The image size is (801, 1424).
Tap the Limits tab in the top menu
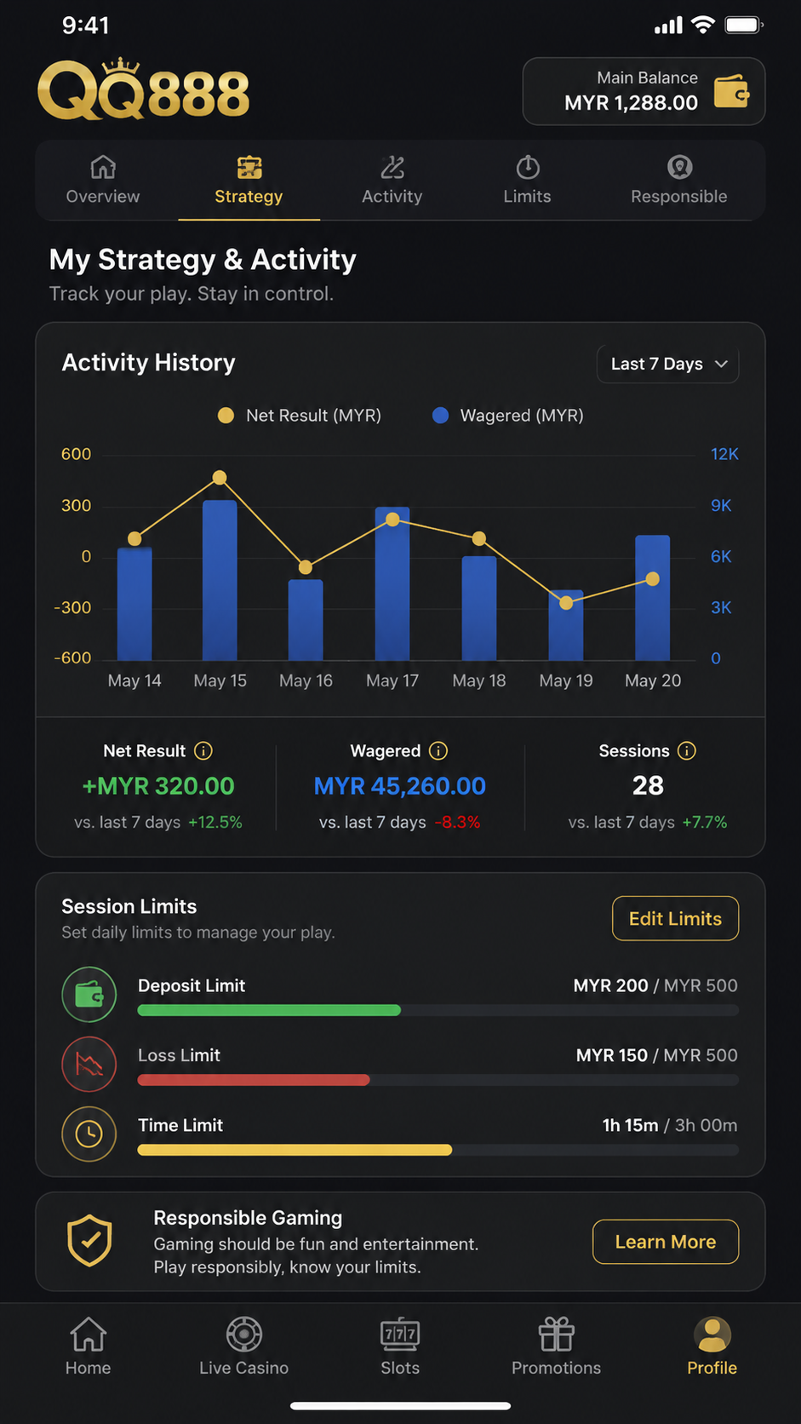pos(527,180)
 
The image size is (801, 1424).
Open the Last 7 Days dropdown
pos(667,364)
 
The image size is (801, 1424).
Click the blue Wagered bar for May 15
pos(220,580)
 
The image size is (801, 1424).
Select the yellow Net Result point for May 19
pos(566,603)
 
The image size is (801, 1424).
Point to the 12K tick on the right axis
pos(724,454)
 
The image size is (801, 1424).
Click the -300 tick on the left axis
pos(72,607)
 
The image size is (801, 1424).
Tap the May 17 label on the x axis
pos(392,680)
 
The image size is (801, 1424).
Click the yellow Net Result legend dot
pos(226,415)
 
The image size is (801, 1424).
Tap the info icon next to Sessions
pos(686,751)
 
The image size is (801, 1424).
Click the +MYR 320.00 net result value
pos(158,786)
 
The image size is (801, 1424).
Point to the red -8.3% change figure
pos(457,822)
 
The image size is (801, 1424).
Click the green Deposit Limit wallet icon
pos(89,994)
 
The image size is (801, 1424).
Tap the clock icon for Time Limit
pos(89,1134)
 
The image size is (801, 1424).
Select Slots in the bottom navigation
pos(400,1346)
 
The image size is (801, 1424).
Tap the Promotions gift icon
pos(557,1333)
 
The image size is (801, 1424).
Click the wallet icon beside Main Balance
pos(732,91)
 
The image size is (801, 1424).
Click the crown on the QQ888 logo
pos(120,66)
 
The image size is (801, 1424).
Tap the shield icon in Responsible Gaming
pos(89,1240)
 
